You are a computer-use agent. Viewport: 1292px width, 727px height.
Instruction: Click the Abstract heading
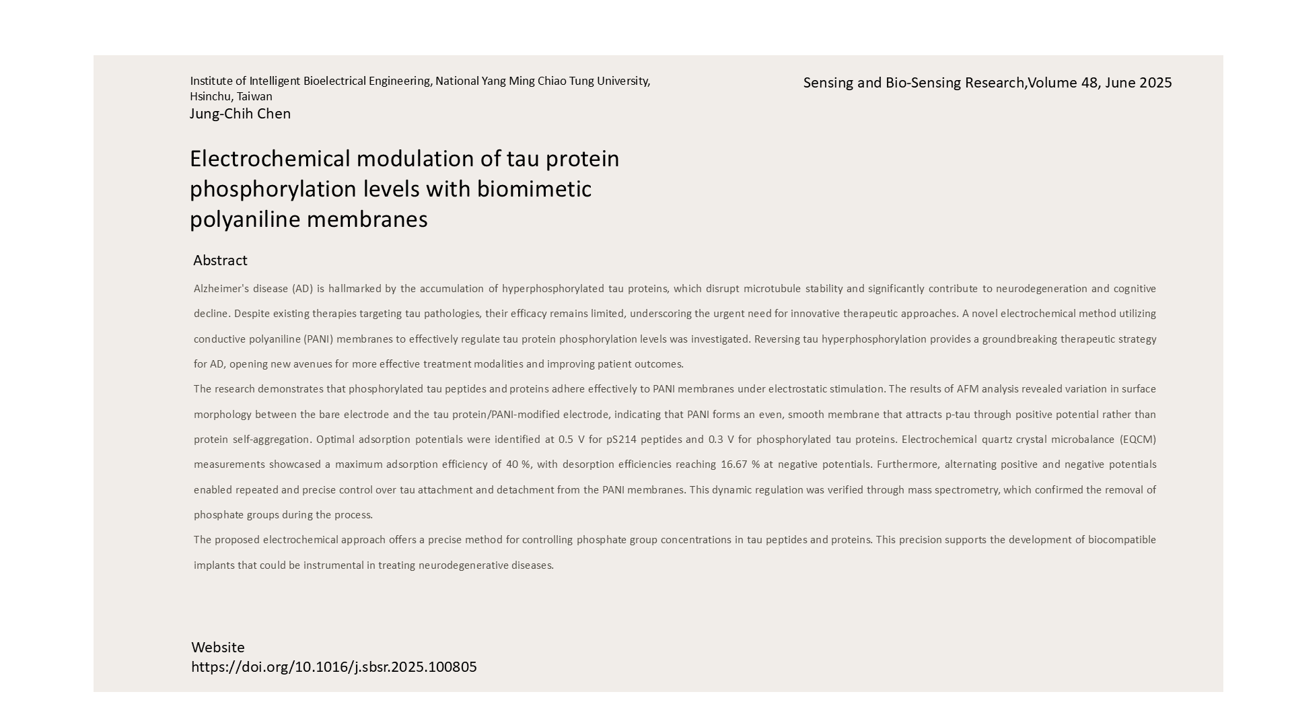(x=220, y=261)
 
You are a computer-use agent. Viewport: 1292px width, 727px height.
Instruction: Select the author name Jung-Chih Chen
(x=240, y=114)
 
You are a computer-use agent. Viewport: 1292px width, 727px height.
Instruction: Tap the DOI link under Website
(x=334, y=667)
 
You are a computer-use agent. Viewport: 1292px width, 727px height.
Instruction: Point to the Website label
(x=218, y=648)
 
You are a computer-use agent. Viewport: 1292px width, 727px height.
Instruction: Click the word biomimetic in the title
(x=534, y=189)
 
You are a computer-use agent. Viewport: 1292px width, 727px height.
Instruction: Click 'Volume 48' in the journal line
(x=1062, y=83)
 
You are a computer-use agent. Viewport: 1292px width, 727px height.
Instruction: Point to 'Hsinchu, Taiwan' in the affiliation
(x=231, y=97)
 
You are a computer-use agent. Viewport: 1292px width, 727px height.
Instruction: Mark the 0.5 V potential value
(x=571, y=440)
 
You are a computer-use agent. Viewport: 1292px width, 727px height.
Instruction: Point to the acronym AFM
(x=968, y=389)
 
